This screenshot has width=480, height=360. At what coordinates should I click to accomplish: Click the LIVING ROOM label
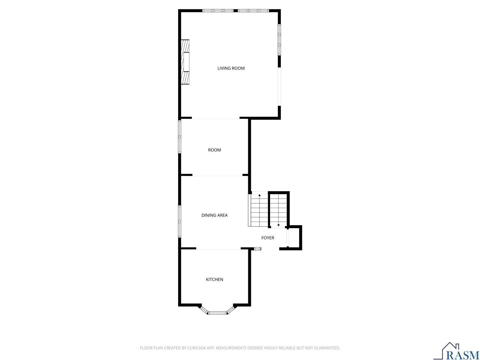231,68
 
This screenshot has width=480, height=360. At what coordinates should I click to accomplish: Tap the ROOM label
214,150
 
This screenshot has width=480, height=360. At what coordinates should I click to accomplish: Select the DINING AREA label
214,215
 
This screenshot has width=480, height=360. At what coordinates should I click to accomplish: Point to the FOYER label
268,238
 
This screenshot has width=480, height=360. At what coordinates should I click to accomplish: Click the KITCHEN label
214,279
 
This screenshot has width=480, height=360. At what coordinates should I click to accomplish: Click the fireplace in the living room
185,62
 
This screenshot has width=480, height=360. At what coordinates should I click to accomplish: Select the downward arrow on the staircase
278,225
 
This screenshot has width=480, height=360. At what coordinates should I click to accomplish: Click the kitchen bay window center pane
218,313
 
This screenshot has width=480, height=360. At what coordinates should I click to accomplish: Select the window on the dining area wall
180,221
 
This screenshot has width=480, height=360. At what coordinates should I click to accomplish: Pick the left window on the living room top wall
218,10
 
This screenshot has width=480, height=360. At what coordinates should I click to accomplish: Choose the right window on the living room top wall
253,10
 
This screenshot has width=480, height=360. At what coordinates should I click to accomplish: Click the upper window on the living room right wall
279,40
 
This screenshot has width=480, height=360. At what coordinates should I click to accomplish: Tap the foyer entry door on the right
288,237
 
